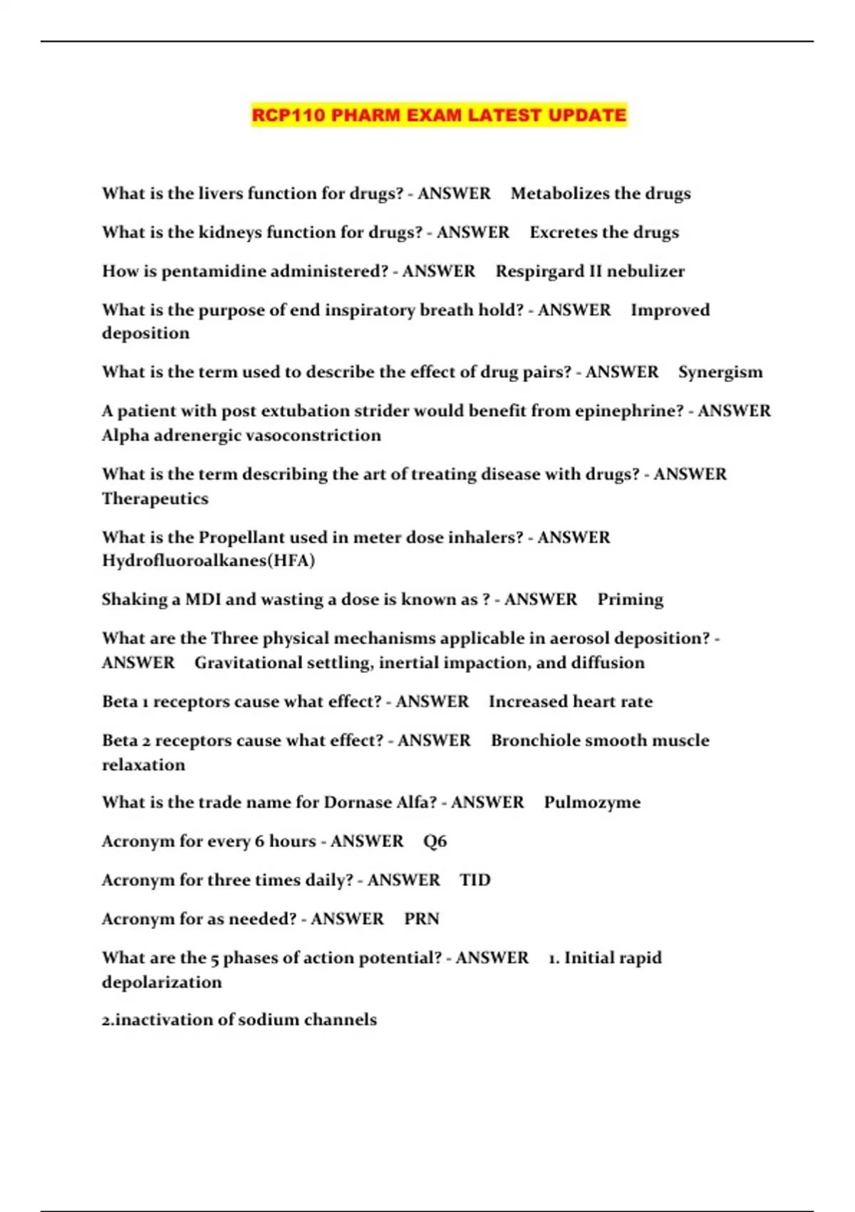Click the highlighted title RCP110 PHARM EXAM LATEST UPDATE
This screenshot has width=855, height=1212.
[439, 115]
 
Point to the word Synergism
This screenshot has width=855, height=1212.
[720, 372]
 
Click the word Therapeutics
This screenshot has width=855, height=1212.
[155, 498]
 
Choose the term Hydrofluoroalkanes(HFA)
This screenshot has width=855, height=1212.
[208, 560]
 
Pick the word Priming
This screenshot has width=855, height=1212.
[630, 600]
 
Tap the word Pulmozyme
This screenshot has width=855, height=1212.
[592, 803]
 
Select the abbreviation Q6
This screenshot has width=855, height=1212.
[435, 841]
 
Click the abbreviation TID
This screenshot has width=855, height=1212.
[475, 880]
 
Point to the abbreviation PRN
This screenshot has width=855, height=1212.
[421, 919]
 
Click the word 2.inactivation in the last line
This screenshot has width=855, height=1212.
[157, 1020]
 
